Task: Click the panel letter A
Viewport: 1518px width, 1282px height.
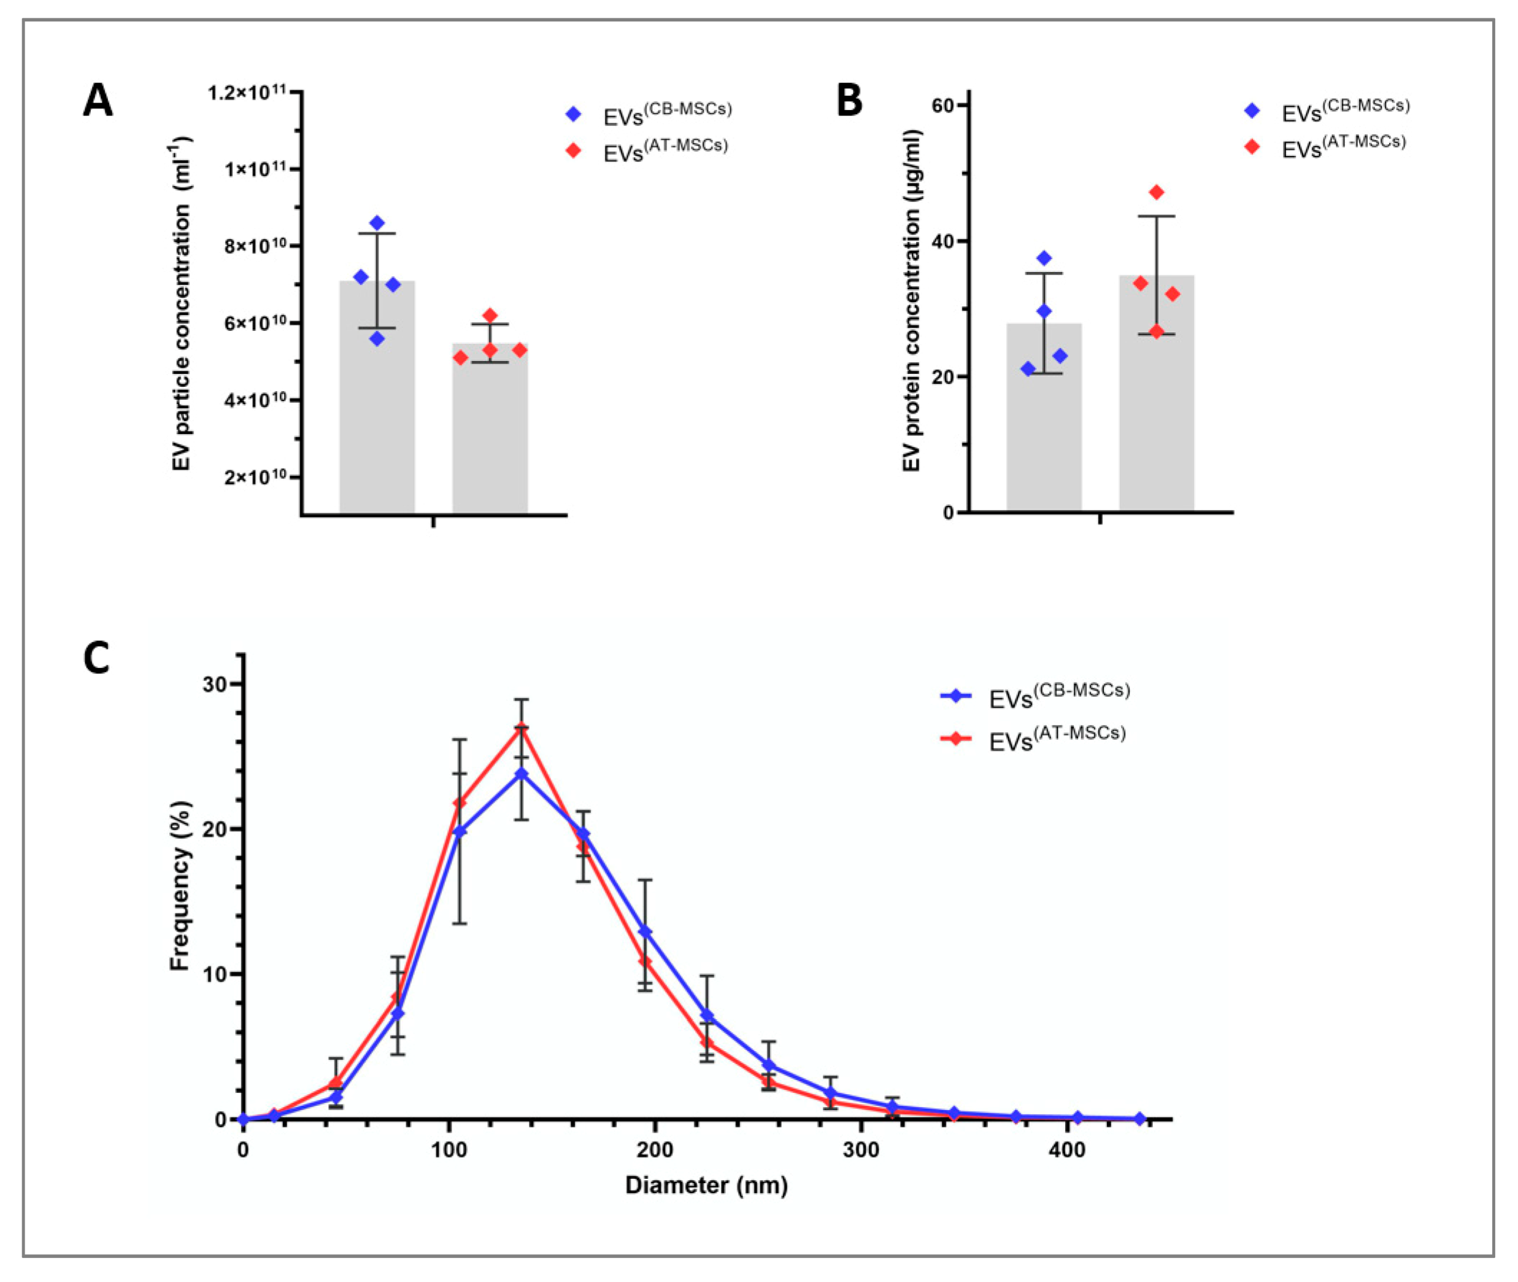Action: (98, 101)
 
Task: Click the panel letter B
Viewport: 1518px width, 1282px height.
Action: (849, 101)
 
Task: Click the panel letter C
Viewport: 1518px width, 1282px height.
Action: (96, 658)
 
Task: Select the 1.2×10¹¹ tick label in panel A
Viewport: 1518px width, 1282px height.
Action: (246, 93)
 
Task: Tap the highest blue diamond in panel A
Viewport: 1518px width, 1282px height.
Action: (377, 222)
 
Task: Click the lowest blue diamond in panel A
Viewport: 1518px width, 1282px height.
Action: (377, 339)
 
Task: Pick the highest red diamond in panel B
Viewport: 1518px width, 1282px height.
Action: (1157, 193)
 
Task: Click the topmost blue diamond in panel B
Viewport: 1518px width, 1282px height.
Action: (1044, 258)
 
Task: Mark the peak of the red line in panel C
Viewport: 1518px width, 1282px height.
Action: (522, 727)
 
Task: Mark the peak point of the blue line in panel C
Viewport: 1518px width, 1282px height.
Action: (522, 773)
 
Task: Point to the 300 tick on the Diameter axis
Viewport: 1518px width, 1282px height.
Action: (861, 1151)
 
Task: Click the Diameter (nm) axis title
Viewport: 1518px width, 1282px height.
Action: (706, 1186)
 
